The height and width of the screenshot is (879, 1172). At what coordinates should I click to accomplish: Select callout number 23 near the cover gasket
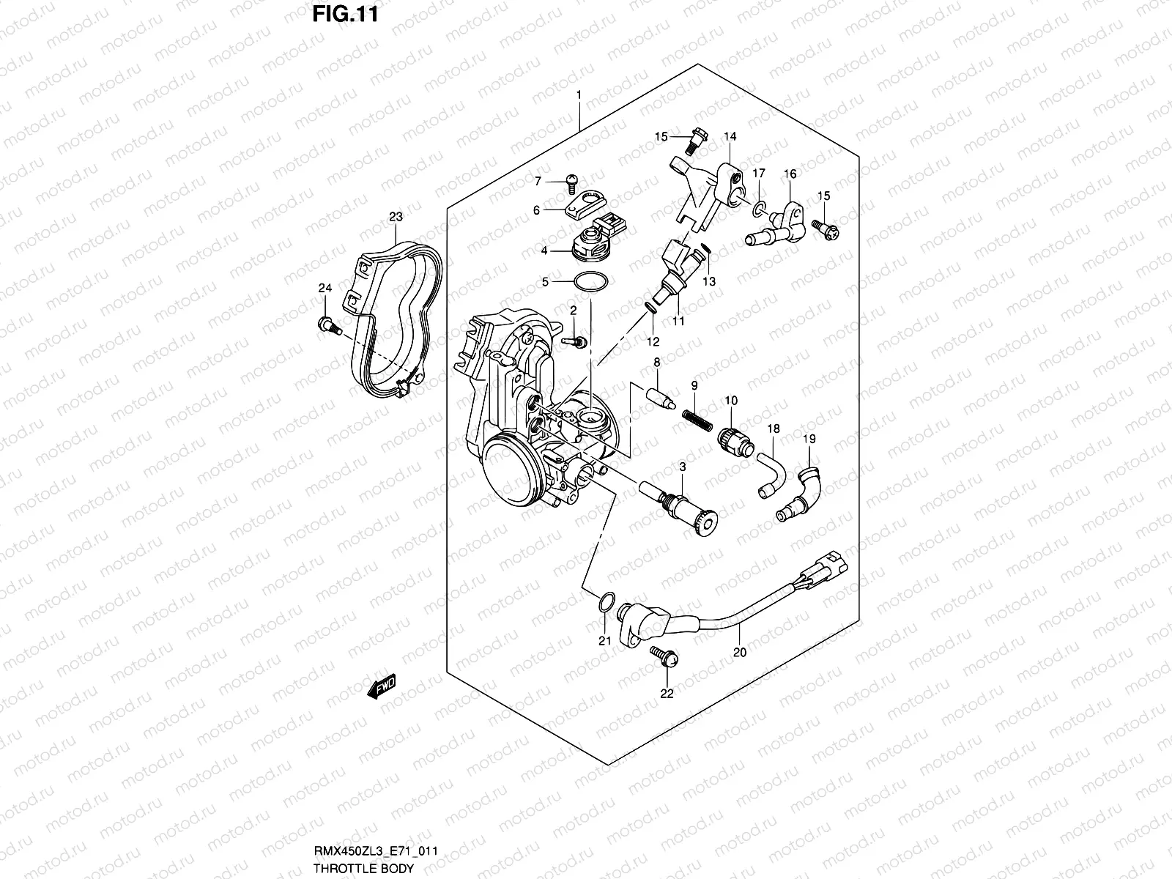pos(396,217)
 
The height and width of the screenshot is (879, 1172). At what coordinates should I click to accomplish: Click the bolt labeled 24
pos(327,324)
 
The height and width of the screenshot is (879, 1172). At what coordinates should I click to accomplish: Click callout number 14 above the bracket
pos(730,136)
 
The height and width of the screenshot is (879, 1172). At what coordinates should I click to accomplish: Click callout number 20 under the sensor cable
pos(739,652)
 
